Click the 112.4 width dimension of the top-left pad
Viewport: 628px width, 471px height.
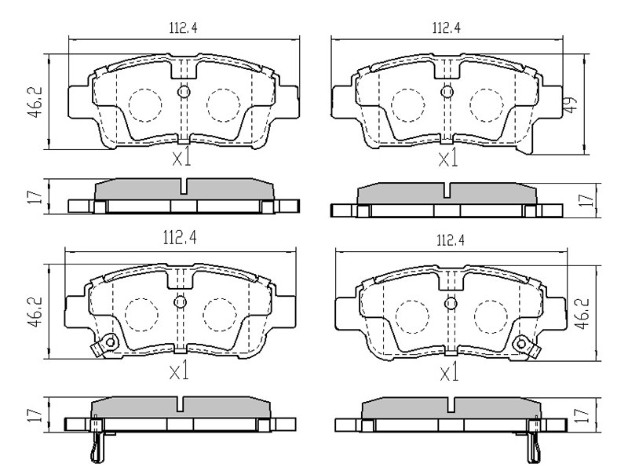point(183,28)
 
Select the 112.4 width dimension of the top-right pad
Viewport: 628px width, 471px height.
point(446,28)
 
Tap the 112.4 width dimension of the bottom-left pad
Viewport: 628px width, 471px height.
point(180,239)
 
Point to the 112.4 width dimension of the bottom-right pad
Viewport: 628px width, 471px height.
point(450,240)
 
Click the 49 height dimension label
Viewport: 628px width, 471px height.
point(571,104)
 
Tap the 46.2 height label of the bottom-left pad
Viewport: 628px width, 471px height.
point(35,312)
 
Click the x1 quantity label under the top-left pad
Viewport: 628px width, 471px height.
point(181,159)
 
